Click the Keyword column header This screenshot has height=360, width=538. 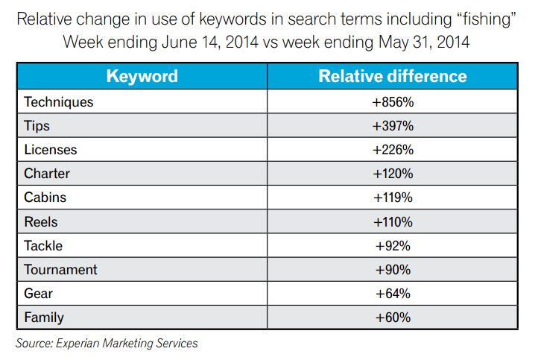tap(142, 76)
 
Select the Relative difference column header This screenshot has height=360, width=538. tap(392, 76)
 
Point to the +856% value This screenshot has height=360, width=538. tap(392, 102)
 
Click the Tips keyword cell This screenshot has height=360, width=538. tap(37, 126)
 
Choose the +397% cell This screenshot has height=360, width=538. tap(392, 126)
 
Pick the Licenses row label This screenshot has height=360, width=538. tap(50, 150)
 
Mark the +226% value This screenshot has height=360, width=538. tap(392, 150)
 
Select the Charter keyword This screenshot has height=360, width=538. tap(47, 174)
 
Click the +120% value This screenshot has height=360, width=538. tap(392, 174)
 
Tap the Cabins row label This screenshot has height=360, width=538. tap(45, 198)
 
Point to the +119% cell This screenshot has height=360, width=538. tap(392, 198)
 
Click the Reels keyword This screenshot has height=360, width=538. tap(40, 221)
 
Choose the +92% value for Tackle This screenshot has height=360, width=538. tap(392, 245)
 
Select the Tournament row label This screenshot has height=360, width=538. tap(60, 269)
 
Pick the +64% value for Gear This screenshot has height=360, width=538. tap(392, 293)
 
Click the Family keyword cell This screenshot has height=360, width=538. tap(44, 317)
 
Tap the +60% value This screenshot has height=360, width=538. tap(392, 317)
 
